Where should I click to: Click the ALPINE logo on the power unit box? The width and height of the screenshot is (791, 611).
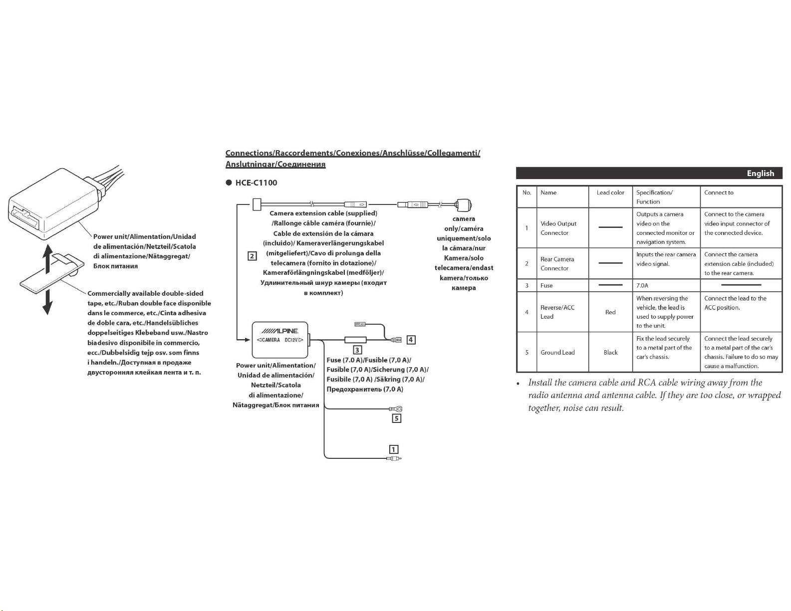tap(279, 331)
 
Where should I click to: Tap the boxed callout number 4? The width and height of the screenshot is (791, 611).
tap(411, 340)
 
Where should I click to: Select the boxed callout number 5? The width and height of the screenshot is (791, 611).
tap(396, 418)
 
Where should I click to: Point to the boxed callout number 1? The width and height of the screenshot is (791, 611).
tap(393, 449)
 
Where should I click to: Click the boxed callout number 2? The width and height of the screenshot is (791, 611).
tap(252, 256)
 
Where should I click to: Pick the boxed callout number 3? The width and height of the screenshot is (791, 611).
tap(357, 350)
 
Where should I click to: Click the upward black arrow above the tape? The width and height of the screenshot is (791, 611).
tap(47, 258)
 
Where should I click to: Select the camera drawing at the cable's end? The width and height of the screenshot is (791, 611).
tap(464, 205)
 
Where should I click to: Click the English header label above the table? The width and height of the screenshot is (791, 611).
tap(761, 173)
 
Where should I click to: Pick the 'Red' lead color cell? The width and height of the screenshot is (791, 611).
tap(610, 312)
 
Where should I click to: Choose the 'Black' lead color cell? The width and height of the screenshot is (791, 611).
tap(610, 353)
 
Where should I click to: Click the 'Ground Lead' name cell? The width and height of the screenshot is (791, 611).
tap(557, 353)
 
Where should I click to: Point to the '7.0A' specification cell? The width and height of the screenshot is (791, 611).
tap(642, 285)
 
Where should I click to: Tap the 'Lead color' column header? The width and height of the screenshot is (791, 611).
tap(610, 193)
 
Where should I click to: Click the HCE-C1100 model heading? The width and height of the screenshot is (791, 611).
tap(256, 183)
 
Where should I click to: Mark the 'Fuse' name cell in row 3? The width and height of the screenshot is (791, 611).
tap(546, 285)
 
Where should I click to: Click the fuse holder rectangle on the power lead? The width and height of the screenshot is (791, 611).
tap(355, 340)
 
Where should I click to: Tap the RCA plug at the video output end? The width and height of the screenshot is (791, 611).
tap(394, 458)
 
